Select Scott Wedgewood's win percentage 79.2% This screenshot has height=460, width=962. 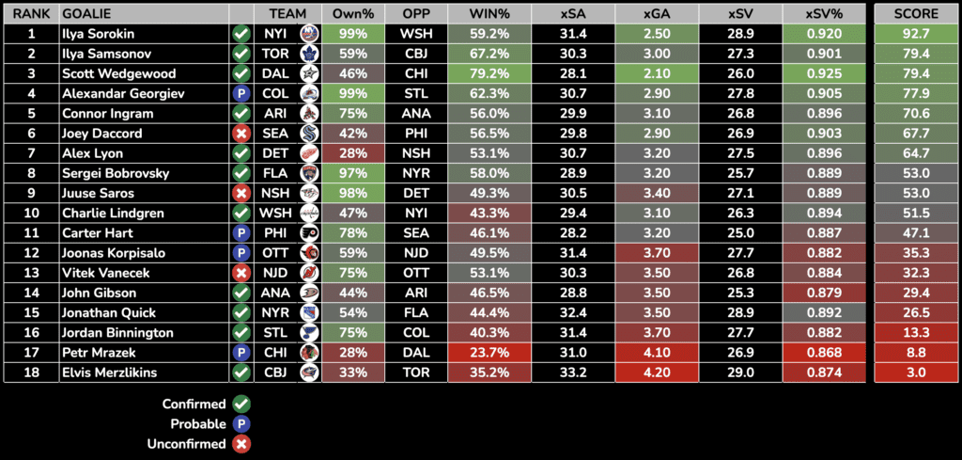(488, 73)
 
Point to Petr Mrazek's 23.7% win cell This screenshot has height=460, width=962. (488, 353)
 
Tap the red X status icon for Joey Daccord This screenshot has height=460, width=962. (240, 134)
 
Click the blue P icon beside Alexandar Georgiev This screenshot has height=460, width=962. (240, 93)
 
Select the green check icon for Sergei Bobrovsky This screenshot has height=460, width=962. (240, 173)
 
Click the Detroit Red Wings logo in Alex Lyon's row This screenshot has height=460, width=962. (308, 153)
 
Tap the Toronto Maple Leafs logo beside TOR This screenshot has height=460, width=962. (308, 54)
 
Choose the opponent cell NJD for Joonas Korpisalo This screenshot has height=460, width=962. (415, 253)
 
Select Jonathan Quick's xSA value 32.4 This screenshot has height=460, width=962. (573, 312)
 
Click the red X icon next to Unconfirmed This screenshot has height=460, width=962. (241, 443)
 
